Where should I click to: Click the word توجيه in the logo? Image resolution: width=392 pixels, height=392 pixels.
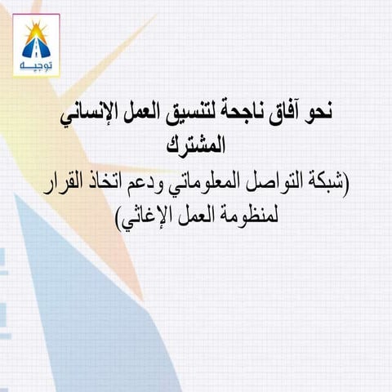[x=36, y=63]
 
